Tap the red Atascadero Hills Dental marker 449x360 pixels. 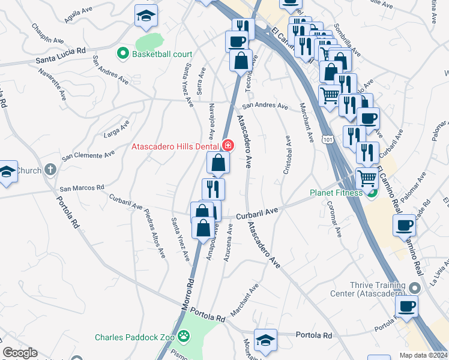(228, 145)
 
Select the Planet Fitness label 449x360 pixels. (336, 193)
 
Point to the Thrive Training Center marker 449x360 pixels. (413, 288)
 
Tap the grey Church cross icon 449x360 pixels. (50, 170)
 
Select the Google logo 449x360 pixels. (20, 353)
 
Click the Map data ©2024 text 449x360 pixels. (423, 355)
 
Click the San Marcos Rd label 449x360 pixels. (82, 188)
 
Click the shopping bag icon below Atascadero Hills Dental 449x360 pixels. (218, 162)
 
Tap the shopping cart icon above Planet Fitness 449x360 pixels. (367, 177)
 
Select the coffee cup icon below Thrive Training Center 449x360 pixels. (406, 306)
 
